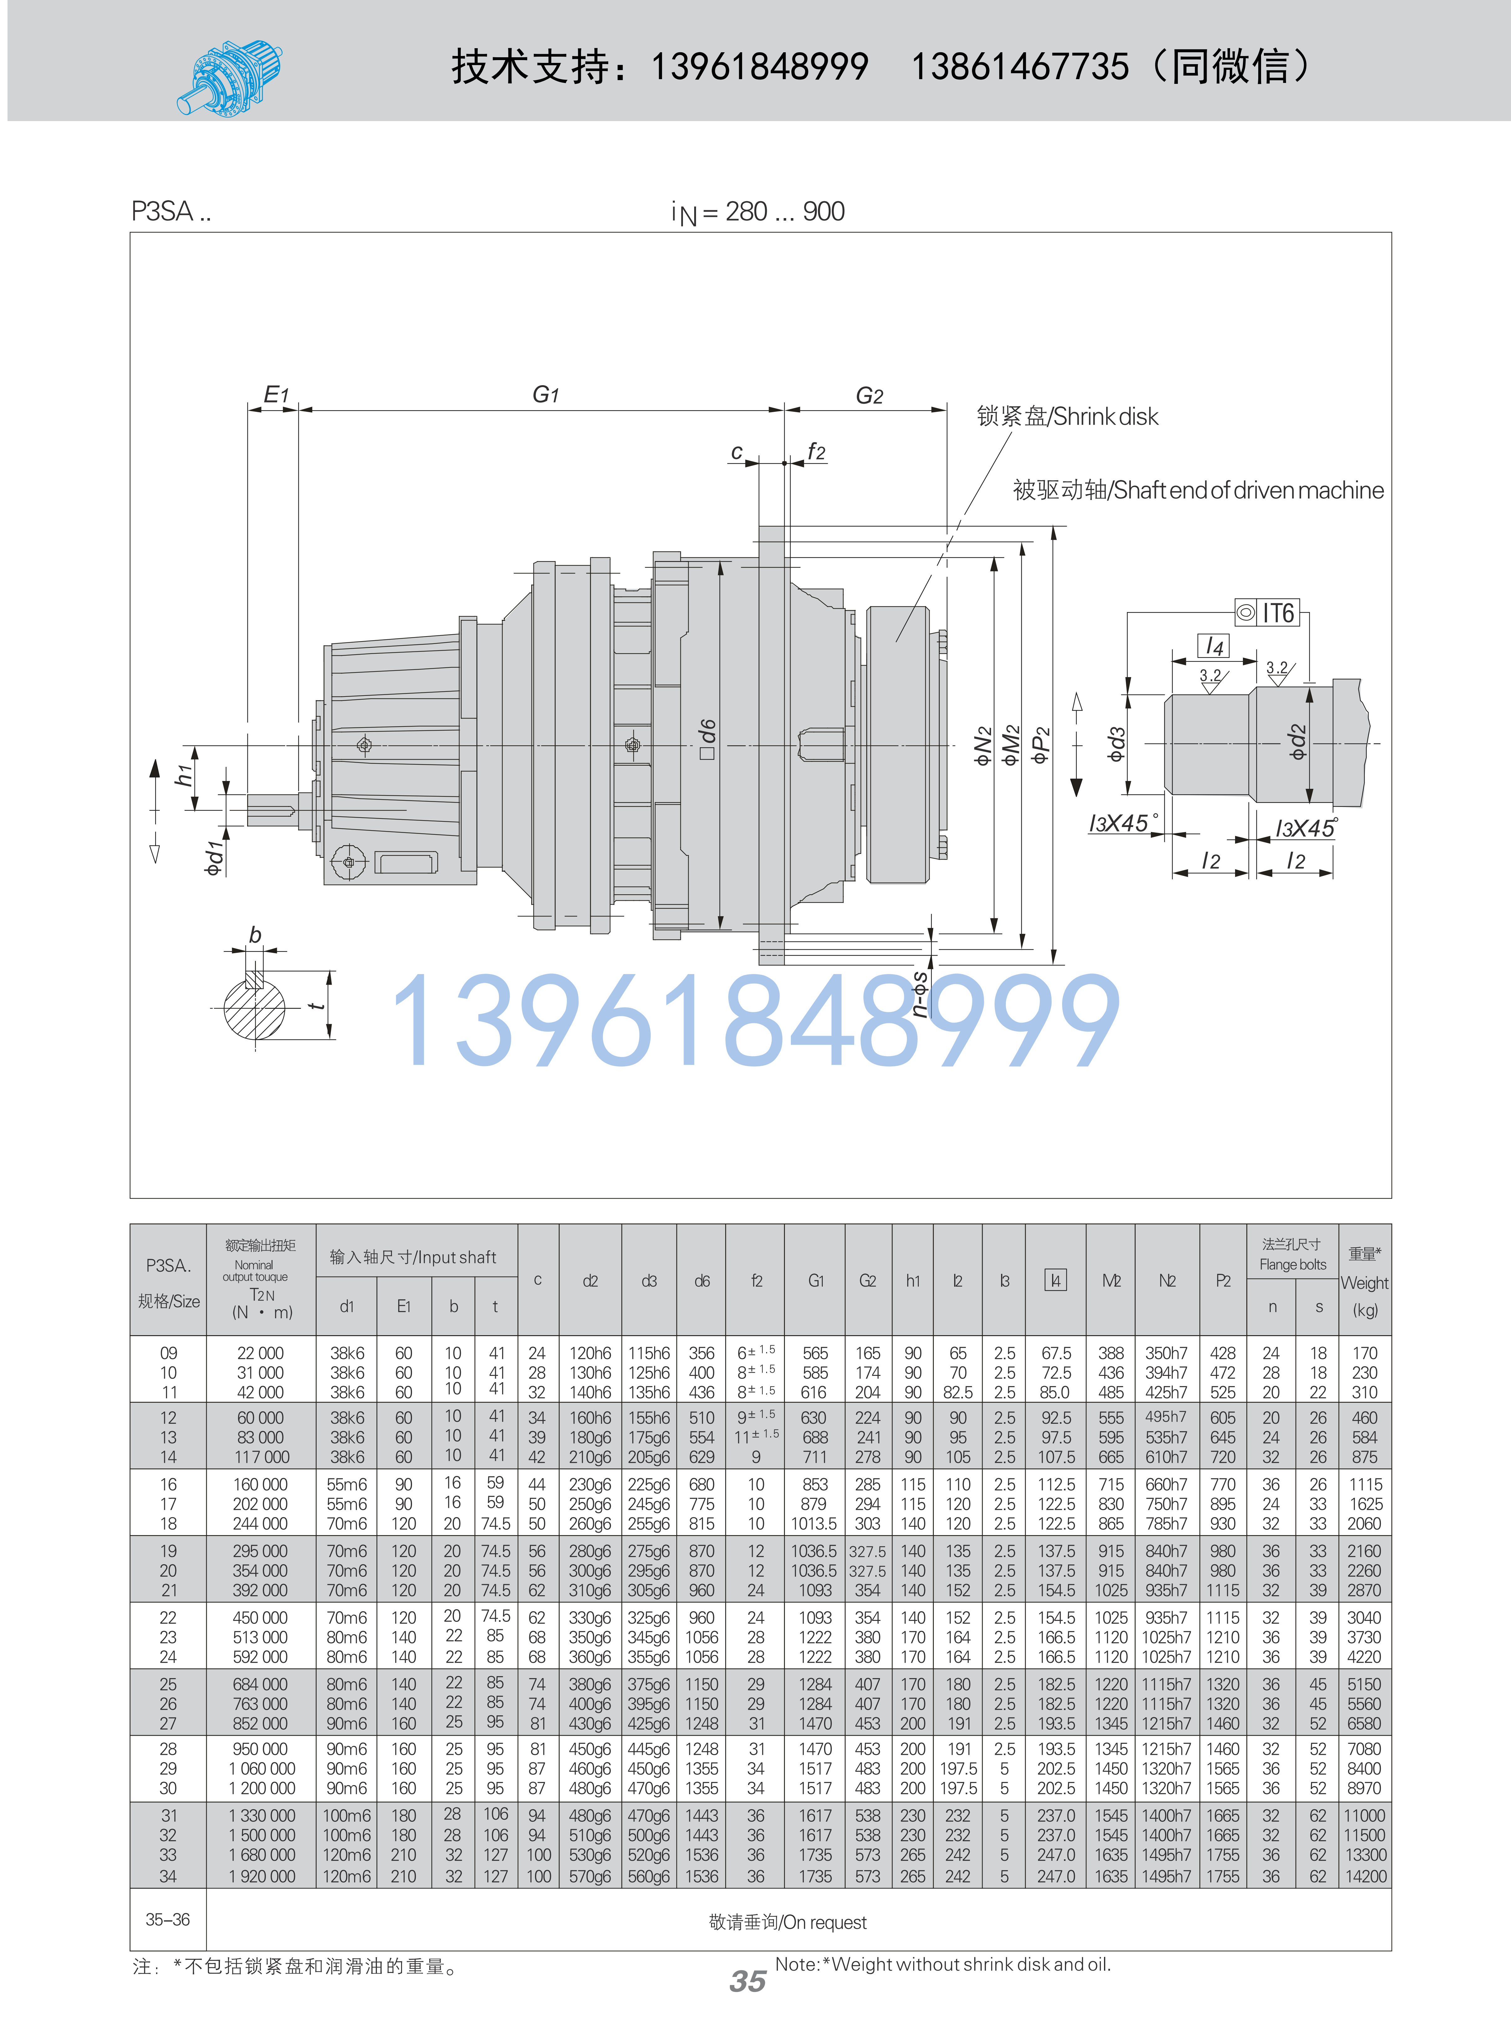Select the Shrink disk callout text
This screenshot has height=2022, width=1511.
(1067, 417)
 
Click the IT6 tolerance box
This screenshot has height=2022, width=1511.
(1267, 612)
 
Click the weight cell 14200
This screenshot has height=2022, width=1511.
(1365, 1877)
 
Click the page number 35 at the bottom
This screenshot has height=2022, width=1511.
(748, 1981)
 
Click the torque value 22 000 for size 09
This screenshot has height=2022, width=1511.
(261, 1353)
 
